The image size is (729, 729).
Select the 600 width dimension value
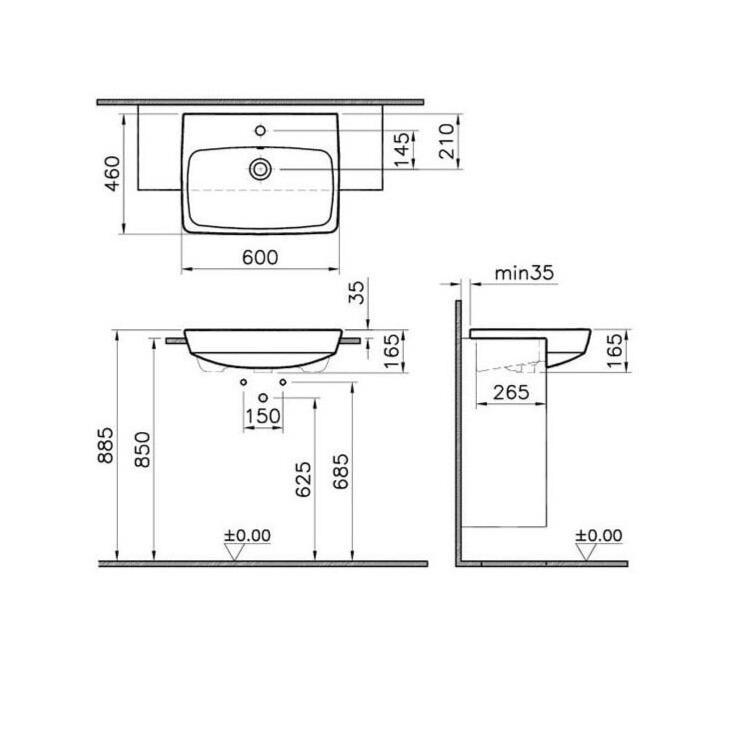260,257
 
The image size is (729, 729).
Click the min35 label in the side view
525,272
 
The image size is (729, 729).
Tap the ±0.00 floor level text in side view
598,535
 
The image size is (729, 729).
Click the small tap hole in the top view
261,130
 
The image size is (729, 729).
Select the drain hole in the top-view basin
260,169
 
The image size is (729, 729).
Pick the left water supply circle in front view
242,383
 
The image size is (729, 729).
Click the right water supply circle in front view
283,383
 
